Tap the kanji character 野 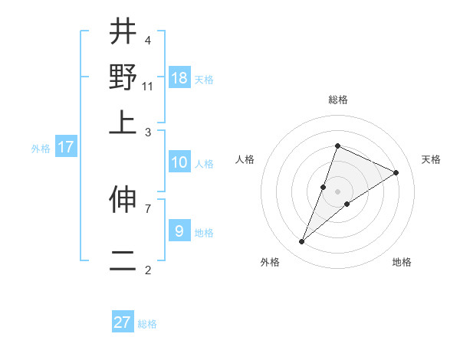123,77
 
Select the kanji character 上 123,122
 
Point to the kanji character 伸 123,201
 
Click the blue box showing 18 179,77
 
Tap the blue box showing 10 179,162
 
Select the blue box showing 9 179,231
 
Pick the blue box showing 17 65,147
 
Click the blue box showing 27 123,322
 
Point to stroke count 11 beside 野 148,86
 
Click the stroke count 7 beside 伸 147,208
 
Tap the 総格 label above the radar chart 337,100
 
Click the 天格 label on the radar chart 431,159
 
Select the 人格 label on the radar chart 245,159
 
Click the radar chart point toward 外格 302,242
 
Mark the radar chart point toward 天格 396,173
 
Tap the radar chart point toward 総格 337,146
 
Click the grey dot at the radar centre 337,191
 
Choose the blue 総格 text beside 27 147,324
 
